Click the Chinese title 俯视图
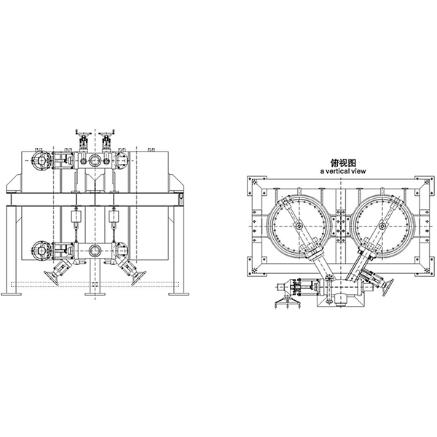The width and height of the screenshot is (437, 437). point(343,162)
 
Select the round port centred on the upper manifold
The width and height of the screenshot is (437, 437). point(95,160)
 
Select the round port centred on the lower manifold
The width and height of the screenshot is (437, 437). point(95,251)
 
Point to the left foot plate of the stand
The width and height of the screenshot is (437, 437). point(12,294)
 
